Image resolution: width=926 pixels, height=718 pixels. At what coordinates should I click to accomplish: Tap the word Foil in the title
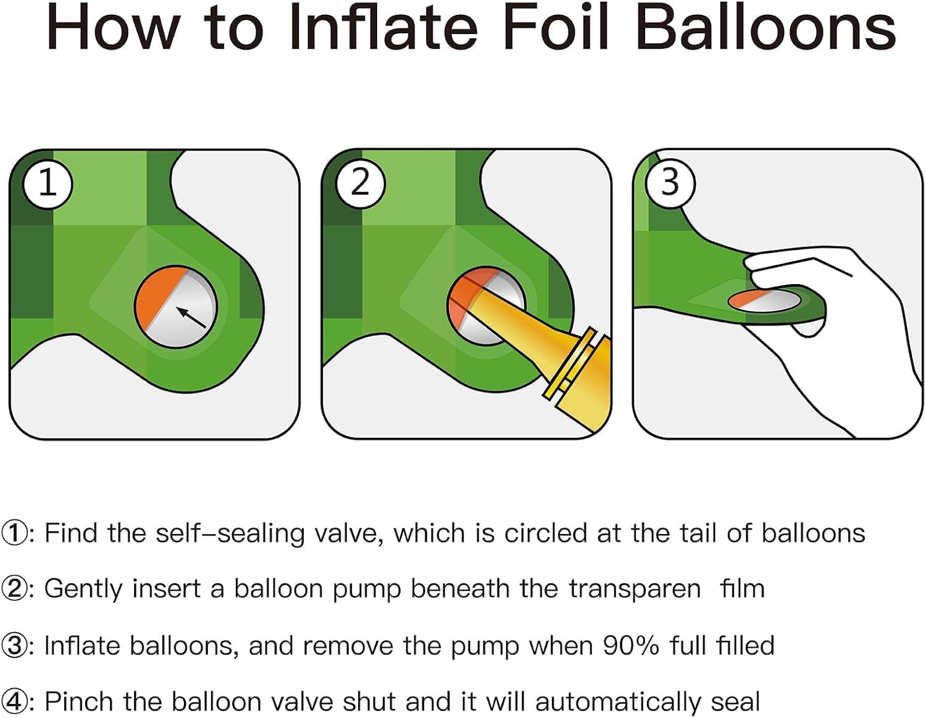pos(557,28)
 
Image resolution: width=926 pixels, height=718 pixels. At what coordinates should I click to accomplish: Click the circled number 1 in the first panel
pos(48,183)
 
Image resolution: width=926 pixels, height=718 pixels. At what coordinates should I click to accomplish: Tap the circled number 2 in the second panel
pos(360,183)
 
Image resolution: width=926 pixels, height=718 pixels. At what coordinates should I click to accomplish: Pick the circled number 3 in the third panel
pos(670,183)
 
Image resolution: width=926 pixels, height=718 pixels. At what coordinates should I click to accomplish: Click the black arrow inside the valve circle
pos(191,317)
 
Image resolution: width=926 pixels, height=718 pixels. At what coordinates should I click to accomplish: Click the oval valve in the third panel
pos(764,301)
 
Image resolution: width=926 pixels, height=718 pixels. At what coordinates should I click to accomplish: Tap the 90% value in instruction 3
pos(631,646)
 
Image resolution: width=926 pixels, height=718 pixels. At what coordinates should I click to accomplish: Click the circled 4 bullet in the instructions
pos(14,701)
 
